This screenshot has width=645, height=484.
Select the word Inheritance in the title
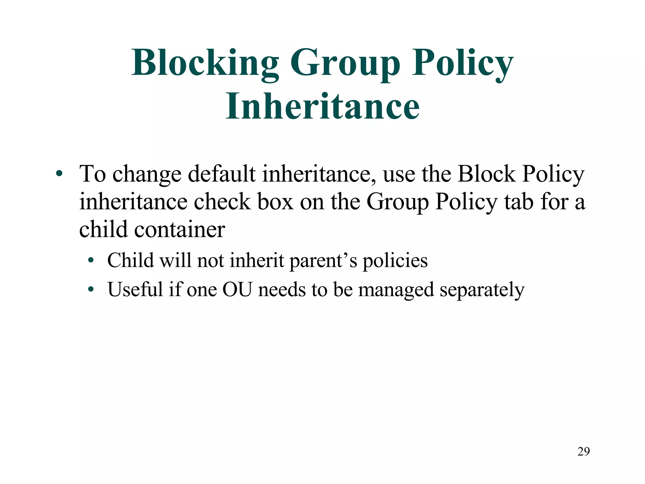point(322,106)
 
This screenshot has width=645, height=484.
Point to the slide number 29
point(583,452)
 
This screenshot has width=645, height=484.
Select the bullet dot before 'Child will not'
point(91,261)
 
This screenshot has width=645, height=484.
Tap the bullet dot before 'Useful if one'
point(91,289)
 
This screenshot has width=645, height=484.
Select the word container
point(180,229)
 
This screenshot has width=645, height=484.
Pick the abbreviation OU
point(237,289)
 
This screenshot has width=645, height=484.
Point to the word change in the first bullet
point(147,174)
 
